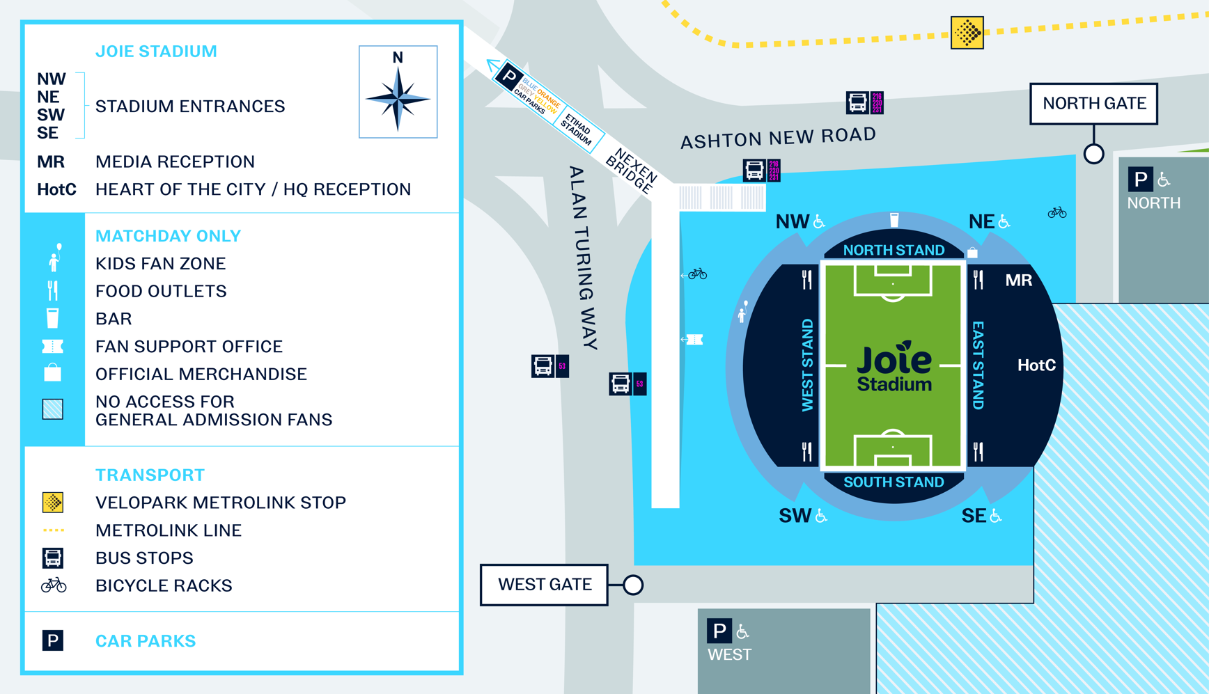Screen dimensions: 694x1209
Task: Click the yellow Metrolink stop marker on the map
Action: pos(967,33)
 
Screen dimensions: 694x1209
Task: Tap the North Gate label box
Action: pos(1093,104)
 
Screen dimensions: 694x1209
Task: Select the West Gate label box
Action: pos(544,585)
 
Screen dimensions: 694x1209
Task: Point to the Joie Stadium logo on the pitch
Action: pos(894,367)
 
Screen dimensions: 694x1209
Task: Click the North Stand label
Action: pos(894,250)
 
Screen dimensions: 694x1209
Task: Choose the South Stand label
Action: pos(894,482)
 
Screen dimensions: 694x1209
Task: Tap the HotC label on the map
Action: pos(1036,365)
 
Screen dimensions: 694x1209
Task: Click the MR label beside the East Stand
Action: pos(1018,281)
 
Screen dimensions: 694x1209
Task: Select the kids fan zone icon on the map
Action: pos(743,312)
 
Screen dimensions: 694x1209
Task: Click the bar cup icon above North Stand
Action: pos(894,221)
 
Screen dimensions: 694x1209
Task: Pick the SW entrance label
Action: pos(795,516)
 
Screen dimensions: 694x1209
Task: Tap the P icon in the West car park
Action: pos(719,631)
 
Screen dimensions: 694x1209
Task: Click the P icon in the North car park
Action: pos(1140,180)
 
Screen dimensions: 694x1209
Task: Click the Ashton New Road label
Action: pos(778,138)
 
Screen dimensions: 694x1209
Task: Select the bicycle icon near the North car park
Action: pos(1056,212)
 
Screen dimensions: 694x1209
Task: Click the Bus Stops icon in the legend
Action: pos(53,558)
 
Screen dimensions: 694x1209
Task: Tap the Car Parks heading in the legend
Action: pos(145,640)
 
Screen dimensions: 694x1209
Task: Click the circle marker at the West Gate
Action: pos(632,585)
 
